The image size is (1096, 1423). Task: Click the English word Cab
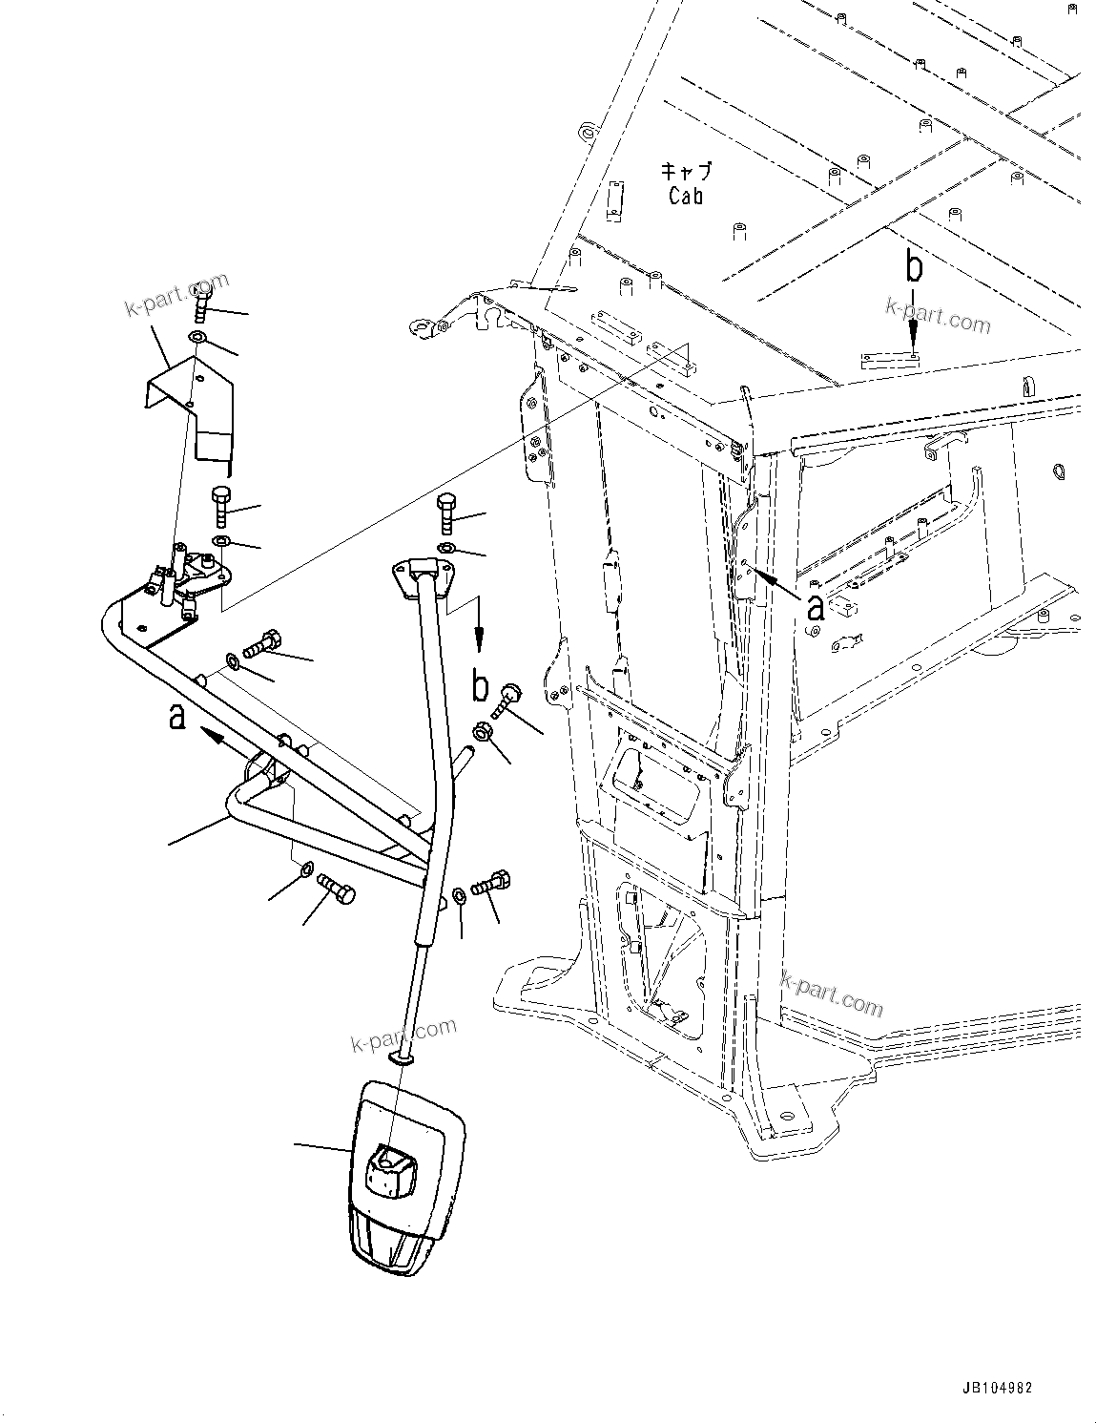tap(686, 196)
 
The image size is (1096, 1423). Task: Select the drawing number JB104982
tap(992, 1388)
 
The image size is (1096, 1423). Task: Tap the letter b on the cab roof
tap(914, 268)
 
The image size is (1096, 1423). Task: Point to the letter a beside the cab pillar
tap(816, 606)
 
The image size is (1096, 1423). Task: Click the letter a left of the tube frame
tap(177, 715)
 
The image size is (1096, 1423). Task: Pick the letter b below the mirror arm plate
tap(481, 685)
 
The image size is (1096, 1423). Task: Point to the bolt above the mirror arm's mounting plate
tap(446, 513)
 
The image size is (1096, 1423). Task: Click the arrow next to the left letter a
tap(217, 735)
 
